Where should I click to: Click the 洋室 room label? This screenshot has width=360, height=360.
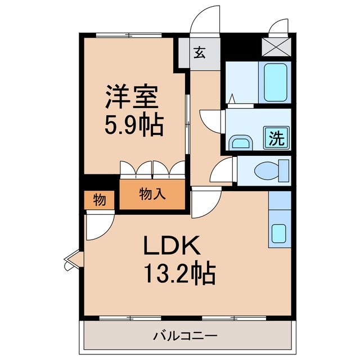tap(134, 97)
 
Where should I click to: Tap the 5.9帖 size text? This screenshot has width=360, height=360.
tap(134, 125)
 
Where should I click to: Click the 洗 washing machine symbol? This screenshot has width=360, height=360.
tap(276, 137)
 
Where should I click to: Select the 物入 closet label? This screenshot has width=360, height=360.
tap(152, 194)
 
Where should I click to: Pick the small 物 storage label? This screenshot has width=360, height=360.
tap(98, 199)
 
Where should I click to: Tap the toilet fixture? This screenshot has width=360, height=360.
tap(270, 169)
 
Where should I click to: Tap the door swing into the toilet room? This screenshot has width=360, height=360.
tap(223, 170)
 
